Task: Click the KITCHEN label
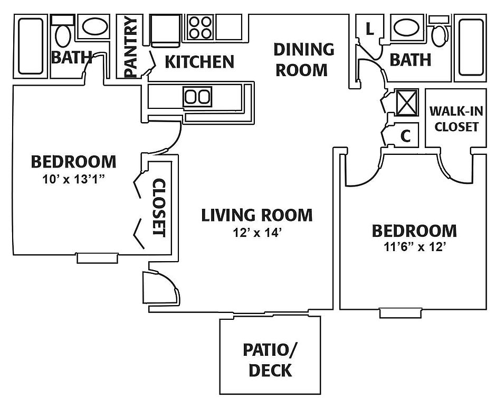199,62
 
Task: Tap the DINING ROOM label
303,59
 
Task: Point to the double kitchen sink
197,97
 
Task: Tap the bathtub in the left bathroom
31,47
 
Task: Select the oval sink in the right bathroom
406,27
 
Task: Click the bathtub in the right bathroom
471,47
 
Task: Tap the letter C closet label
405,136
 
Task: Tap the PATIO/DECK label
270,359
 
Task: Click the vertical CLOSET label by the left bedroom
159,208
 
